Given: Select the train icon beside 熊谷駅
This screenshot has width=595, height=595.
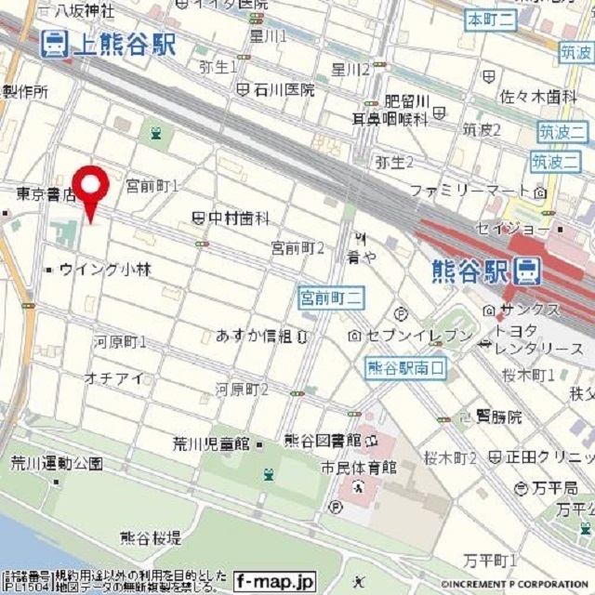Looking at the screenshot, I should (x=527, y=271).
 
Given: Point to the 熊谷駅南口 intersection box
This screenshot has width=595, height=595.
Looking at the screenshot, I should (x=405, y=368).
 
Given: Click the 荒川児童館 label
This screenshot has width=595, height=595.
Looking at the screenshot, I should (x=212, y=443).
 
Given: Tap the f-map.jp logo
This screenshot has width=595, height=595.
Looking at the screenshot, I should (x=275, y=581).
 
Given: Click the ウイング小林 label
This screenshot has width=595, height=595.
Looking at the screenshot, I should (x=104, y=270).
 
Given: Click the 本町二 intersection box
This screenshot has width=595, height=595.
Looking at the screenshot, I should (x=490, y=19).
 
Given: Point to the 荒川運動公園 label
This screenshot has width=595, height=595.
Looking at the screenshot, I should (x=57, y=462).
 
